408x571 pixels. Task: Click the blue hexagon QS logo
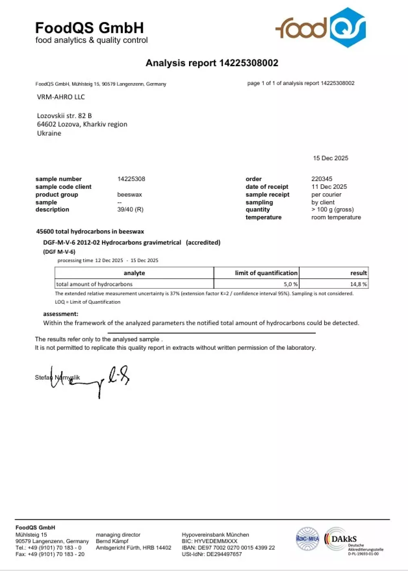pyautogui.click(x=348, y=28)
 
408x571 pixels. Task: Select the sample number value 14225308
pyautogui.click(x=131, y=179)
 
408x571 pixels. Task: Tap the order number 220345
pyautogui.click(x=322, y=179)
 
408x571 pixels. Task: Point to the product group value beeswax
pyautogui.click(x=129, y=194)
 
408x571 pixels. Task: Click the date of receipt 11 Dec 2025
pyautogui.click(x=329, y=187)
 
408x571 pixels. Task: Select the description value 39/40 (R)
pyautogui.click(x=130, y=209)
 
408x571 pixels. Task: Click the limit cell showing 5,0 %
pyautogui.click(x=290, y=284)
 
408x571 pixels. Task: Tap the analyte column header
pyautogui.click(x=134, y=273)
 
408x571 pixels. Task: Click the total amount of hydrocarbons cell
pyautogui.click(x=94, y=284)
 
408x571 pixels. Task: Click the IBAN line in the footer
pyautogui.click(x=228, y=548)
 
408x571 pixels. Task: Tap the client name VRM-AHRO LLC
pyautogui.click(x=61, y=97)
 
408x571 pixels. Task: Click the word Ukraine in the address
pyautogui.click(x=49, y=133)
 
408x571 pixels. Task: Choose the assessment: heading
pyautogui.click(x=61, y=314)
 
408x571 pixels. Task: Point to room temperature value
pyautogui.click(x=336, y=217)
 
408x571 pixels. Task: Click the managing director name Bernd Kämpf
pyautogui.click(x=112, y=541)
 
